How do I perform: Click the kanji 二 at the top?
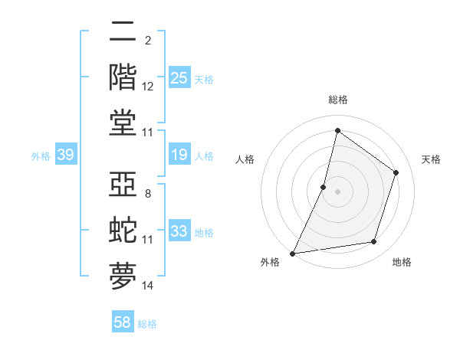[x=123, y=33]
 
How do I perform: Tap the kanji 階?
[x=123, y=77]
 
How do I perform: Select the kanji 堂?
[x=123, y=123]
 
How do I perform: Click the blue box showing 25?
[x=179, y=77]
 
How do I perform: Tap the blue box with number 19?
[x=179, y=155]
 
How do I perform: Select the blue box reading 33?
[x=179, y=231]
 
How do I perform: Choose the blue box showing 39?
[x=65, y=155]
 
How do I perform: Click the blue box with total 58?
[x=123, y=322]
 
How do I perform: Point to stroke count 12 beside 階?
[x=148, y=87]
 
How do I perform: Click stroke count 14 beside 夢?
[x=148, y=286]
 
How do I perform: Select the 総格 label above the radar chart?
[x=337, y=100]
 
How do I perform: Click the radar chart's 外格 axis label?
[x=270, y=263]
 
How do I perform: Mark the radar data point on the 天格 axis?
[x=396, y=172]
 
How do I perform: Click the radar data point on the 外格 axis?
[x=293, y=253]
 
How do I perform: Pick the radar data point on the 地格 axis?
[x=374, y=242]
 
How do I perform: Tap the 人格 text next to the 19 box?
[x=204, y=156]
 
